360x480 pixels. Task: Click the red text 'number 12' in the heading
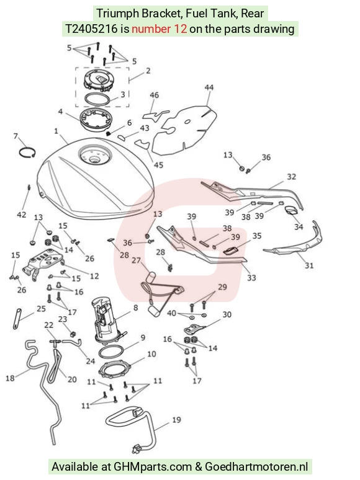pos(159,29)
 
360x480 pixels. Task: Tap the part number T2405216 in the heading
pos(91,29)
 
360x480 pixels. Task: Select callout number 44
pos(209,87)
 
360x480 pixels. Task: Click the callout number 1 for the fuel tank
pos(56,131)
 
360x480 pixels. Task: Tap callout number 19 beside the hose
pos(176,420)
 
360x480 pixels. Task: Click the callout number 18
pos(10,378)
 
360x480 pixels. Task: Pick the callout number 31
pos(309,265)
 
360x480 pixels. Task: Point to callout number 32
pos(291,177)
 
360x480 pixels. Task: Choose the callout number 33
pos(251,278)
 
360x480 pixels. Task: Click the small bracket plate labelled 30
pos(194,329)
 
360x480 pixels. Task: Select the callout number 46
pos(154,95)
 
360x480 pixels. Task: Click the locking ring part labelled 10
pos(115,369)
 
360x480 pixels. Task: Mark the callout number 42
pos(22,215)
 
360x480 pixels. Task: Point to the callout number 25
pos(41,309)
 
